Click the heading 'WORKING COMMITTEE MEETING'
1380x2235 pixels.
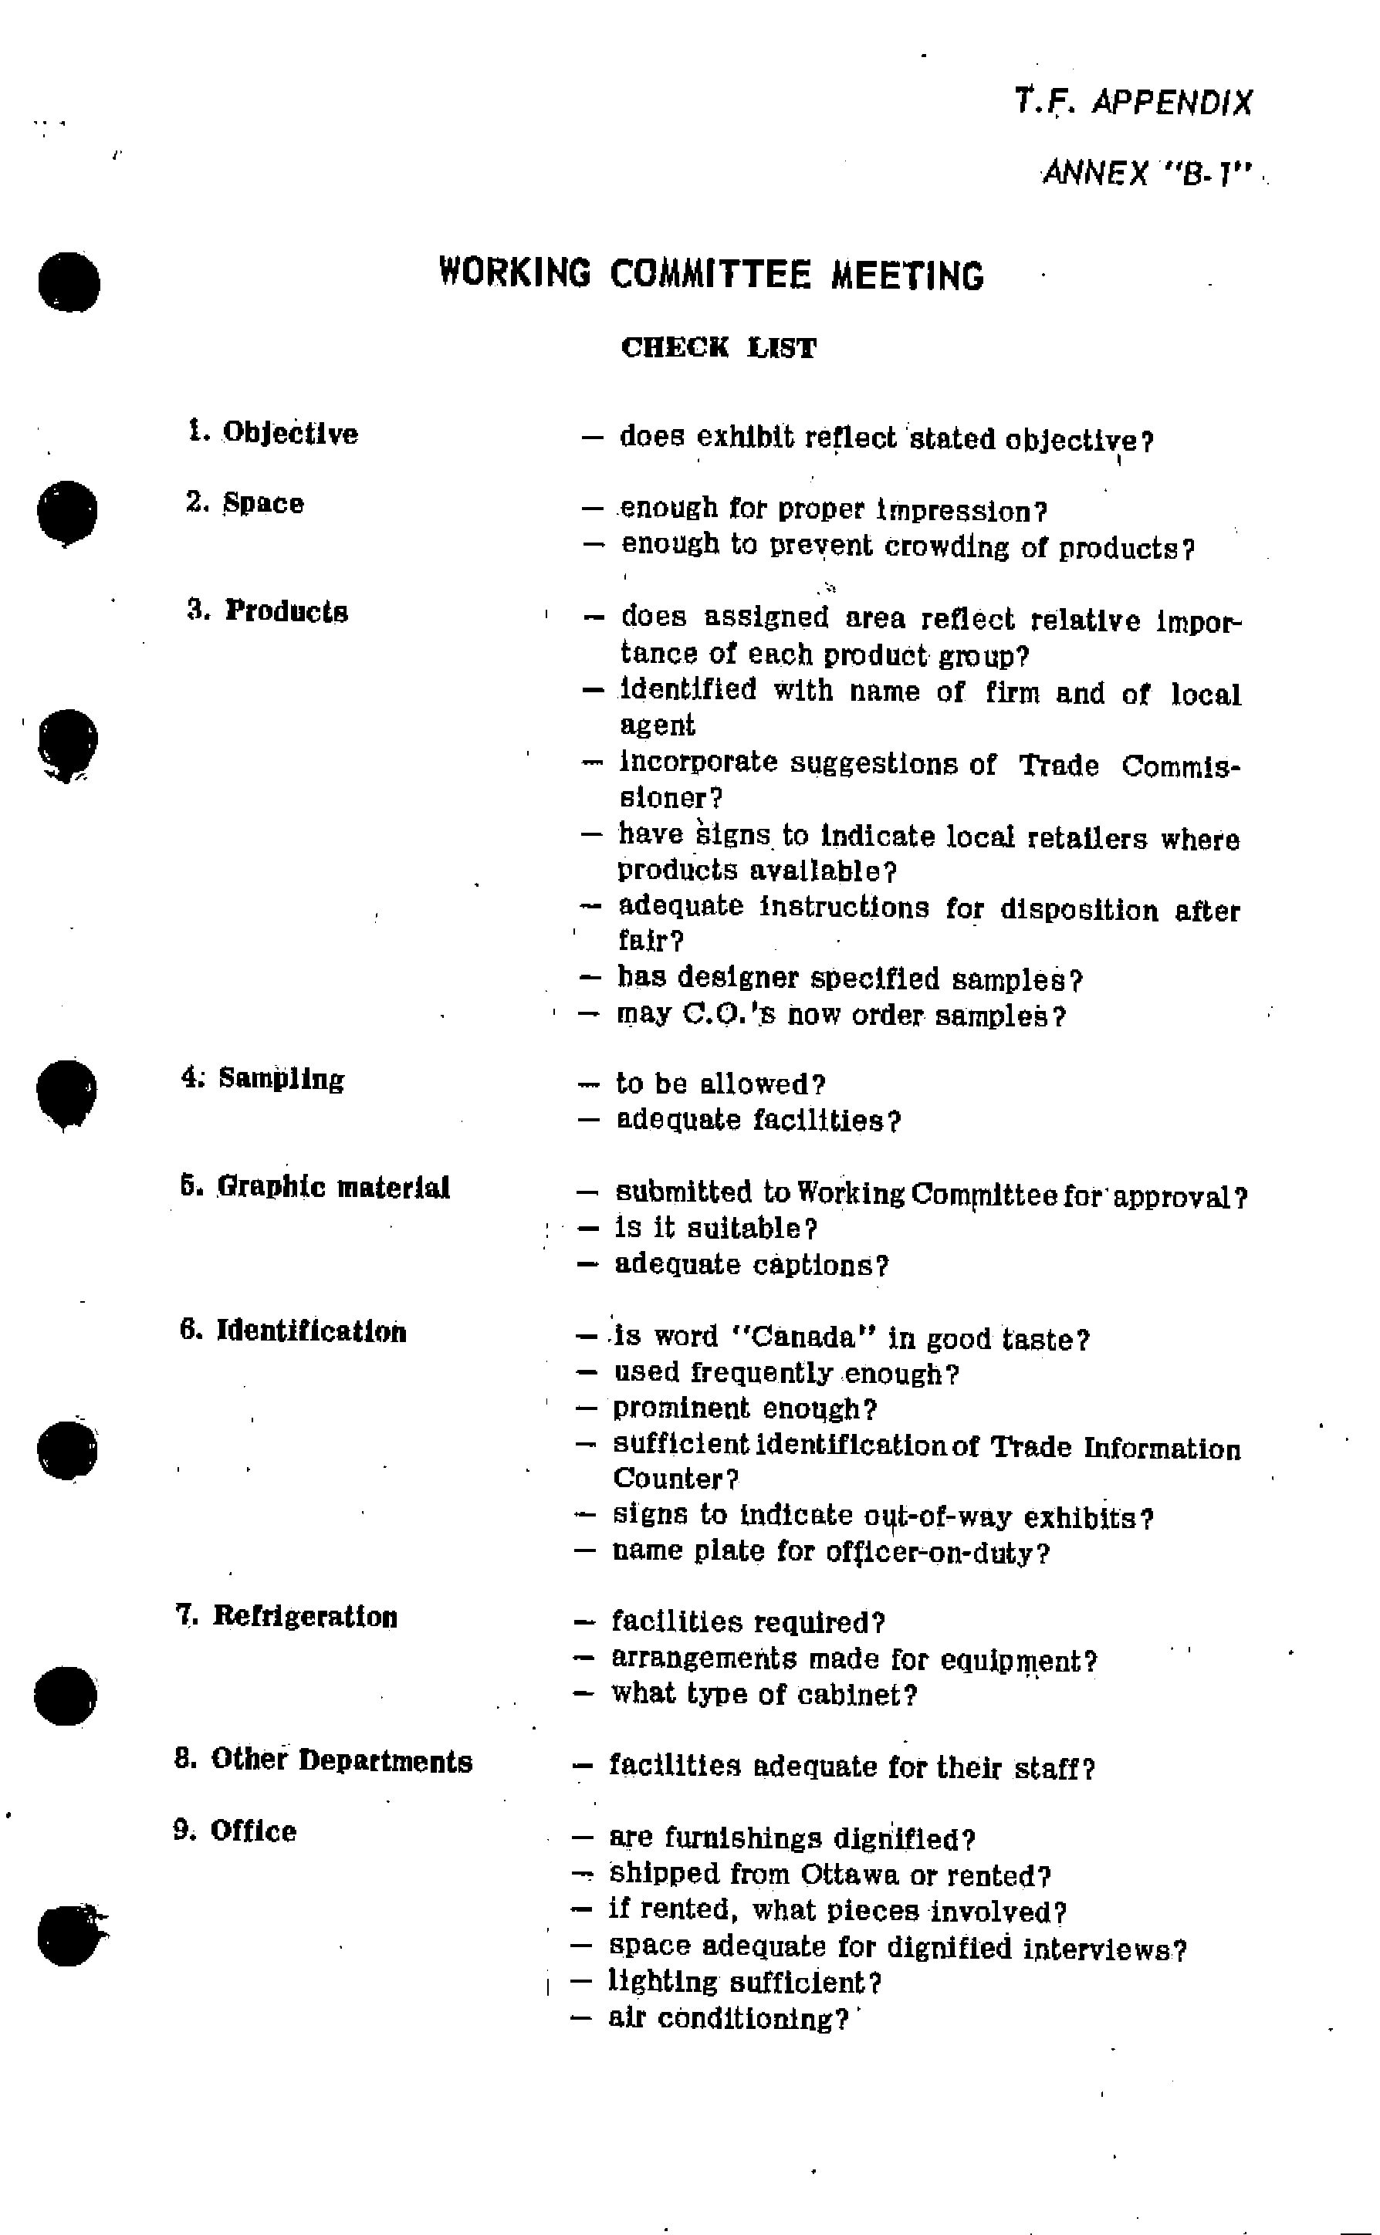711,274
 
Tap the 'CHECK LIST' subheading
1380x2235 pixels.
719,348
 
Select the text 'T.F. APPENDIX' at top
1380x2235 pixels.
1134,102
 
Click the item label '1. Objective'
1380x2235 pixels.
273,433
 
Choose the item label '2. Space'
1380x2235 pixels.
245,503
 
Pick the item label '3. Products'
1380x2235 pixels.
267,610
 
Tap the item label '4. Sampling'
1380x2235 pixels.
263,1079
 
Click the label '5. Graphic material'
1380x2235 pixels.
315,1187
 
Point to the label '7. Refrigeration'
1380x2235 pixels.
286,1616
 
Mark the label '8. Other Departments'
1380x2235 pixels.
323,1760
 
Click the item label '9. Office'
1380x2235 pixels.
235,1831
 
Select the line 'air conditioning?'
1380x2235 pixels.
727,2019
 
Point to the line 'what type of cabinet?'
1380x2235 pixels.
763,1694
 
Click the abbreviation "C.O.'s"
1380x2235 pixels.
729,1015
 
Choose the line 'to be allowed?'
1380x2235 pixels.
720,1084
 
